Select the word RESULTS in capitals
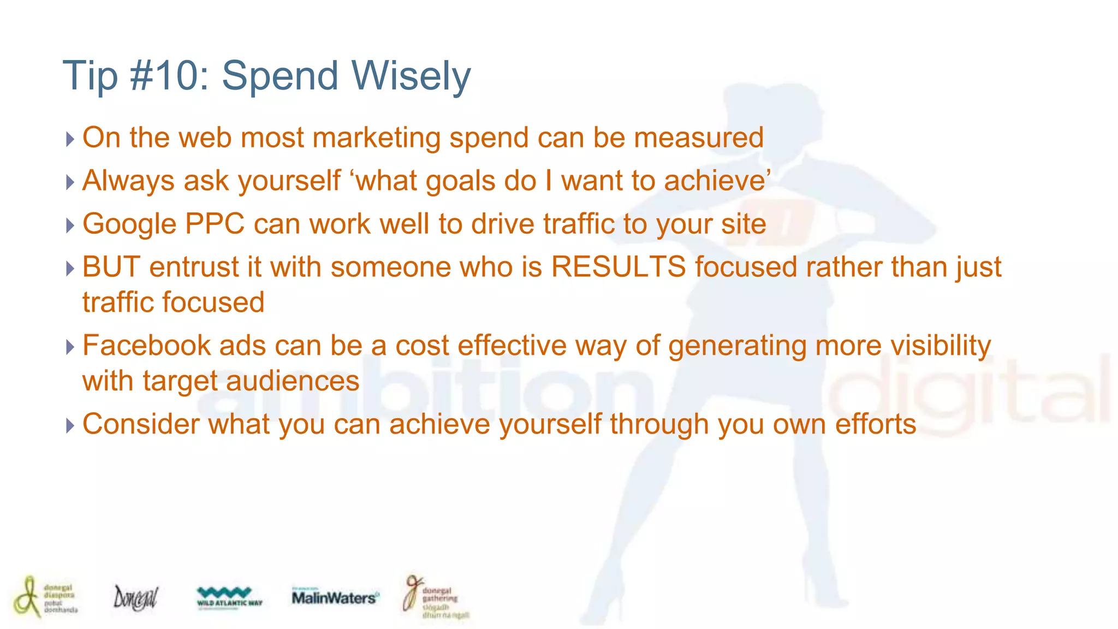coord(618,268)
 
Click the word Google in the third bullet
coord(129,224)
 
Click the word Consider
coord(140,424)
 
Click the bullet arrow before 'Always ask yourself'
coord(70,182)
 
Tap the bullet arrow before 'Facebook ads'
coord(70,347)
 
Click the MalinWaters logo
coord(334,597)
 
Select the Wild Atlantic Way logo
coord(229,597)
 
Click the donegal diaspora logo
coord(46,597)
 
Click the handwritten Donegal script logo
coord(135,597)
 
